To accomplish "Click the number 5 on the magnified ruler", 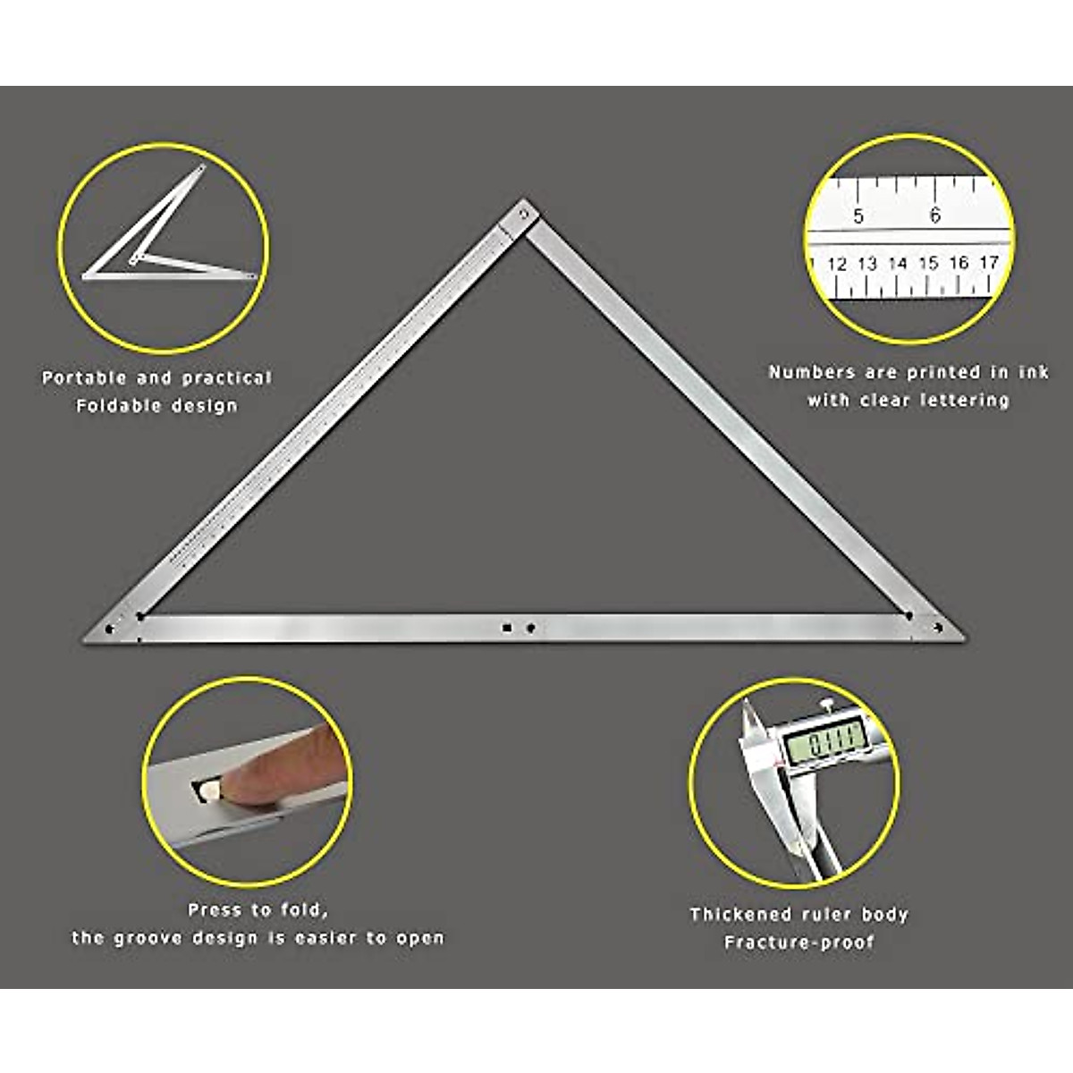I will (x=858, y=215).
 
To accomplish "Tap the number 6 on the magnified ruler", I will (x=935, y=215).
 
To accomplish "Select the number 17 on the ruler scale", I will (x=988, y=262).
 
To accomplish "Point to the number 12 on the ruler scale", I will (x=837, y=264).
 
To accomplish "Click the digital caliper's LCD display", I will (x=824, y=740).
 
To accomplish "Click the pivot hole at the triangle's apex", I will (x=526, y=214).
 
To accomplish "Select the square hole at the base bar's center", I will (x=507, y=629).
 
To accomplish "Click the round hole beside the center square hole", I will (x=530, y=629).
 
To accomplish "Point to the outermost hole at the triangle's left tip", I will (x=109, y=629).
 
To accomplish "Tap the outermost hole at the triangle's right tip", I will (x=938, y=629).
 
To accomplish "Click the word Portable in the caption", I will (x=83, y=378).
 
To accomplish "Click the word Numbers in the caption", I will (x=810, y=372).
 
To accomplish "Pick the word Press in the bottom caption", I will (x=215, y=910).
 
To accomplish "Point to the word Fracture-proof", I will (x=798, y=942).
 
